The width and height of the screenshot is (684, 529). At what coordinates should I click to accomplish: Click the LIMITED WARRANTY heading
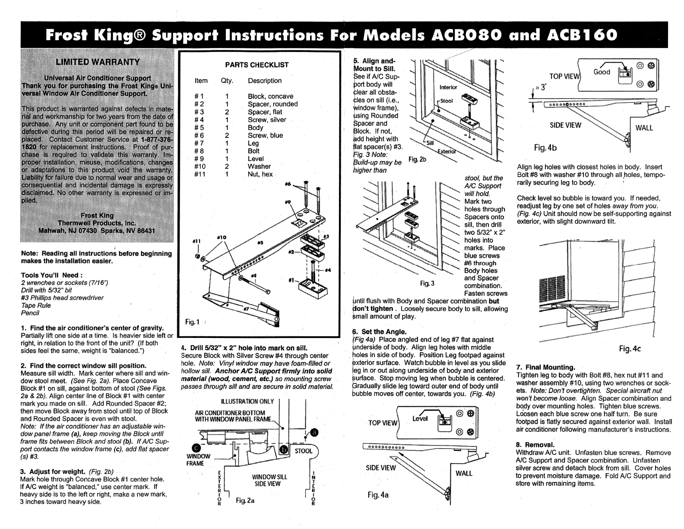98,61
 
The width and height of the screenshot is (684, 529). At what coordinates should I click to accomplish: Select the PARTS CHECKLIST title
256,65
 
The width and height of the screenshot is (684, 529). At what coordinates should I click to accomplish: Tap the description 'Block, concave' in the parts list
270,96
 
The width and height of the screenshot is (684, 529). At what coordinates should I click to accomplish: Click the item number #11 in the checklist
199,174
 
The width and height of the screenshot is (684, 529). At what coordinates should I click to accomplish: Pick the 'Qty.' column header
227,81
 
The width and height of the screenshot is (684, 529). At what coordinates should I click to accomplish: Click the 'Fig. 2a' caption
245,500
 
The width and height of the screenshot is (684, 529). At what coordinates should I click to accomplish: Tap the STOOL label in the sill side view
303,451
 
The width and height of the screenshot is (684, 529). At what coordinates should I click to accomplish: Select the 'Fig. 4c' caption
629,348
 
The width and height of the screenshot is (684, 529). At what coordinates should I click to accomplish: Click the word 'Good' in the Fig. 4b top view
602,72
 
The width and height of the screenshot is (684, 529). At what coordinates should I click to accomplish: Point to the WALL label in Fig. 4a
464,473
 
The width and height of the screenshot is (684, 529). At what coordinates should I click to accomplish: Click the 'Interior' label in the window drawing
448,87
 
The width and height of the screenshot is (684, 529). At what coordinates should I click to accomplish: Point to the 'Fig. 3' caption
427,284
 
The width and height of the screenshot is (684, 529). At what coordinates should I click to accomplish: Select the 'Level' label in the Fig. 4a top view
420,418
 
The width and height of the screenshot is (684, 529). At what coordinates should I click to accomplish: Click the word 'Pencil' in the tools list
30,313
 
